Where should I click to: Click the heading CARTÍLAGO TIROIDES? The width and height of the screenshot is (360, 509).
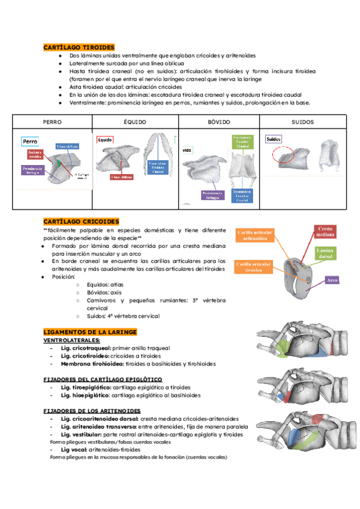click(x=79, y=47)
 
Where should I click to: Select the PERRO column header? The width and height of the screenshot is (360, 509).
click(x=52, y=122)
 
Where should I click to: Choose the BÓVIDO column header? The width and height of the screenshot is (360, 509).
click(x=218, y=122)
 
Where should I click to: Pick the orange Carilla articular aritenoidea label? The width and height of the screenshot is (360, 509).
click(x=256, y=235)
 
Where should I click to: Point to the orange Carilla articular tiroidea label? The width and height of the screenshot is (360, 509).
click(x=256, y=267)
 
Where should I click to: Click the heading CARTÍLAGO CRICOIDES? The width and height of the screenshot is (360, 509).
click(x=81, y=221)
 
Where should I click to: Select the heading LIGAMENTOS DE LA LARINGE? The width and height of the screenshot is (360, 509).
click(x=90, y=332)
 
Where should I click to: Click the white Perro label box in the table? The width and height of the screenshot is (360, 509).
click(x=31, y=141)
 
